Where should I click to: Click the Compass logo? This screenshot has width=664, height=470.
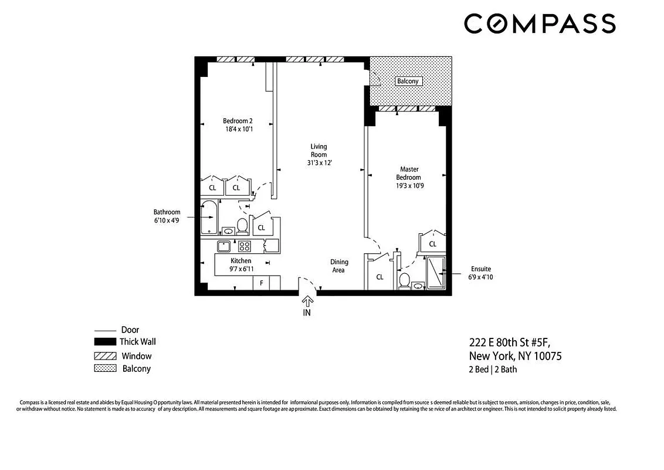coord(540,23)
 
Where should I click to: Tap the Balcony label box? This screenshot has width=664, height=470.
coord(407,81)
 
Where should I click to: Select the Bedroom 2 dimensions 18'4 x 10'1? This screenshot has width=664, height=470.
coord(238,129)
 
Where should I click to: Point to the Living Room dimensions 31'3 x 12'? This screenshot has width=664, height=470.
coord(319,163)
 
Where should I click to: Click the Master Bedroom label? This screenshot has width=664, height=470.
coord(408,173)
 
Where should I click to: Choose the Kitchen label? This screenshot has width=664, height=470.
coord(240,261)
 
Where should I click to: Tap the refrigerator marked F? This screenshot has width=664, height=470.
coord(262,283)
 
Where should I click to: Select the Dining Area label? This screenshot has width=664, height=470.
coord(339,266)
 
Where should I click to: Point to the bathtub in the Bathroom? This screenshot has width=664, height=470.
coord(209,217)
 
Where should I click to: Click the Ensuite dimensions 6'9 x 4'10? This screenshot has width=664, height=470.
coord(480,277)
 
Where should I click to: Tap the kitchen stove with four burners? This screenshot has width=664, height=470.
coord(244,246)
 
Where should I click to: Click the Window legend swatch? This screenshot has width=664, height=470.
coord(105,356)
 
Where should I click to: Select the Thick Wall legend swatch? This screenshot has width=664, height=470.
coord(105,342)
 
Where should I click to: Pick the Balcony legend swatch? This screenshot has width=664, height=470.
coord(105,369)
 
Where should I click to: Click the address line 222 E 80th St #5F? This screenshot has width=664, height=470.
coord(510,343)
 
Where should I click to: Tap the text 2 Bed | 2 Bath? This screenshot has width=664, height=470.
coord(493,370)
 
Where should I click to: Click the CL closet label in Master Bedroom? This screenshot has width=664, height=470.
coord(432,244)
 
